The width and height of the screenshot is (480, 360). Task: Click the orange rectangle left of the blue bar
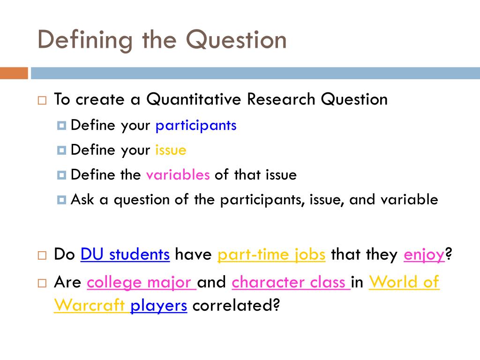click(x=14, y=73)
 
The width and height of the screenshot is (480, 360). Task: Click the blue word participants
click(x=196, y=126)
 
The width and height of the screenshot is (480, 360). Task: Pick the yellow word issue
click(x=171, y=150)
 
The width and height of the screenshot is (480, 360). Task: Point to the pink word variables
click(x=178, y=175)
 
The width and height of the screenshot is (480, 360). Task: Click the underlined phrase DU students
click(x=125, y=255)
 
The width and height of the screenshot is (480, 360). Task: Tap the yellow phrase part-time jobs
click(x=271, y=255)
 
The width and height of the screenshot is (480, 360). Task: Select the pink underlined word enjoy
click(x=424, y=255)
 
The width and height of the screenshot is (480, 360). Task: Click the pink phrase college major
click(x=141, y=282)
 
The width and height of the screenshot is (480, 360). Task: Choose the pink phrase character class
click(x=291, y=282)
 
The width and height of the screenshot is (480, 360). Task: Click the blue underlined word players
click(x=159, y=306)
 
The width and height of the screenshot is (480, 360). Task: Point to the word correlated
click(x=236, y=306)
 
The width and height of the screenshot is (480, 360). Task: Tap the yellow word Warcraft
click(x=90, y=306)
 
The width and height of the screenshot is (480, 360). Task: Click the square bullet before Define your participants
click(x=61, y=126)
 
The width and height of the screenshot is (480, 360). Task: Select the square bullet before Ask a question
click(x=61, y=200)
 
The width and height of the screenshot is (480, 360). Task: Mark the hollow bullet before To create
click(x=42, y=100)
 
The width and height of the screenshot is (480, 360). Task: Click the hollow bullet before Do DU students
click(x=42, y=255)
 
